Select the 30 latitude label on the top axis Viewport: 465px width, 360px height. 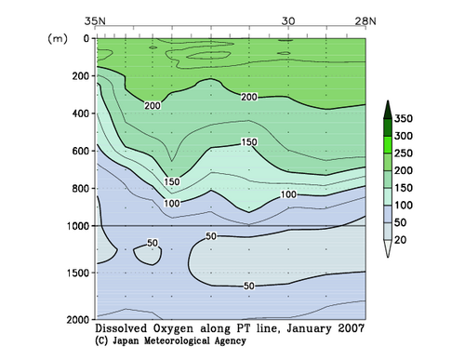coord(288,20)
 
